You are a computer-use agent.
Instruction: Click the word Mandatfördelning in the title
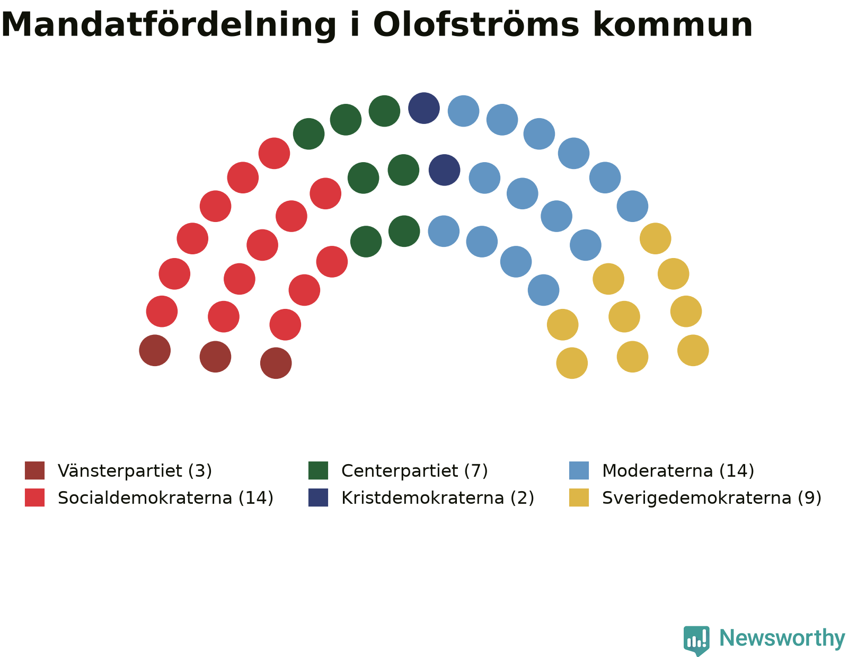click(x=169, y=26)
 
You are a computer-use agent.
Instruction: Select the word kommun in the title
click(x=673, y=25)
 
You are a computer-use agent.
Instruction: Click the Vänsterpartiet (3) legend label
click(x=135, y=471)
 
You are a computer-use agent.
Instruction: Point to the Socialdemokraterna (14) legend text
click(x=165, y=498)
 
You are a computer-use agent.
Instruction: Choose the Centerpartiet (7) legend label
click(x=414, y=471)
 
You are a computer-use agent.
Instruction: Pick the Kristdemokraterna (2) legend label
click(x=437, y=498)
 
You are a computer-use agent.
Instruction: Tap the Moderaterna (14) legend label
click(x=678, y=471)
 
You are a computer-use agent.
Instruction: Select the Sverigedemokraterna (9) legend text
click(x=712, y=498)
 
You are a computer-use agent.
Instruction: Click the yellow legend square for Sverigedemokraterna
click(x=579, y=498)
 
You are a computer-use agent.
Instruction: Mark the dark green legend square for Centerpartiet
click(x=318, y=470)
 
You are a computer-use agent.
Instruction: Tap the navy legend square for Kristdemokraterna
click(x=318, y=498)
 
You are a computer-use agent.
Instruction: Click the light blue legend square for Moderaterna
click(x=579, y=470)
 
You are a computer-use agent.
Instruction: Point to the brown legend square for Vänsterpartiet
click(x=35, y=470)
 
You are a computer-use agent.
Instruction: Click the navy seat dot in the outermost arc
click(x=424, y=108)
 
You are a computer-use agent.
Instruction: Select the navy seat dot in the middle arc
click(x=445, y=170)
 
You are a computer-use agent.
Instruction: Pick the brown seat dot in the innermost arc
click(x=276, y=363)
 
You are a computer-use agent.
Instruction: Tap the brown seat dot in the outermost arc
click(x=155, y=350)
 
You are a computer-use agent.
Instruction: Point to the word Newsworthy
click(x=782, y=638)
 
